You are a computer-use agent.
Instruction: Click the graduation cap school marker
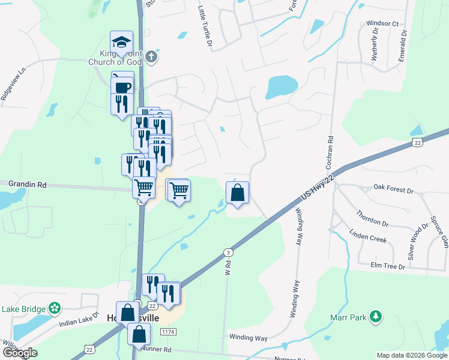click(x=121, y=43)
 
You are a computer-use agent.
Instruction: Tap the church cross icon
click(x=151, y=58)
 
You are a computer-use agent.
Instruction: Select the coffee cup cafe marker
click(x=122, y=87)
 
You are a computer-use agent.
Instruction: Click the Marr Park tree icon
click(x=376, y=316)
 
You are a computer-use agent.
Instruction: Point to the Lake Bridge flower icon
click(x=55, y=308)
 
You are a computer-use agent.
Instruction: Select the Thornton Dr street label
click(x=372, y=218)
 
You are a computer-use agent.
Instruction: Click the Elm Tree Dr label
click(x=388, y=265)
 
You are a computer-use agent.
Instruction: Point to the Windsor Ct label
click(x=382, y=23)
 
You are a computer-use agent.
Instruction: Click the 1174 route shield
click(x=169, y=331)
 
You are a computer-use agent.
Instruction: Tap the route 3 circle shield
click(x=228, y=252)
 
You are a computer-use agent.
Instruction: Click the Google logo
click(x=20, y=353)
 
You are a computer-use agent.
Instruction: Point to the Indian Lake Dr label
click(x=79, y=319)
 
